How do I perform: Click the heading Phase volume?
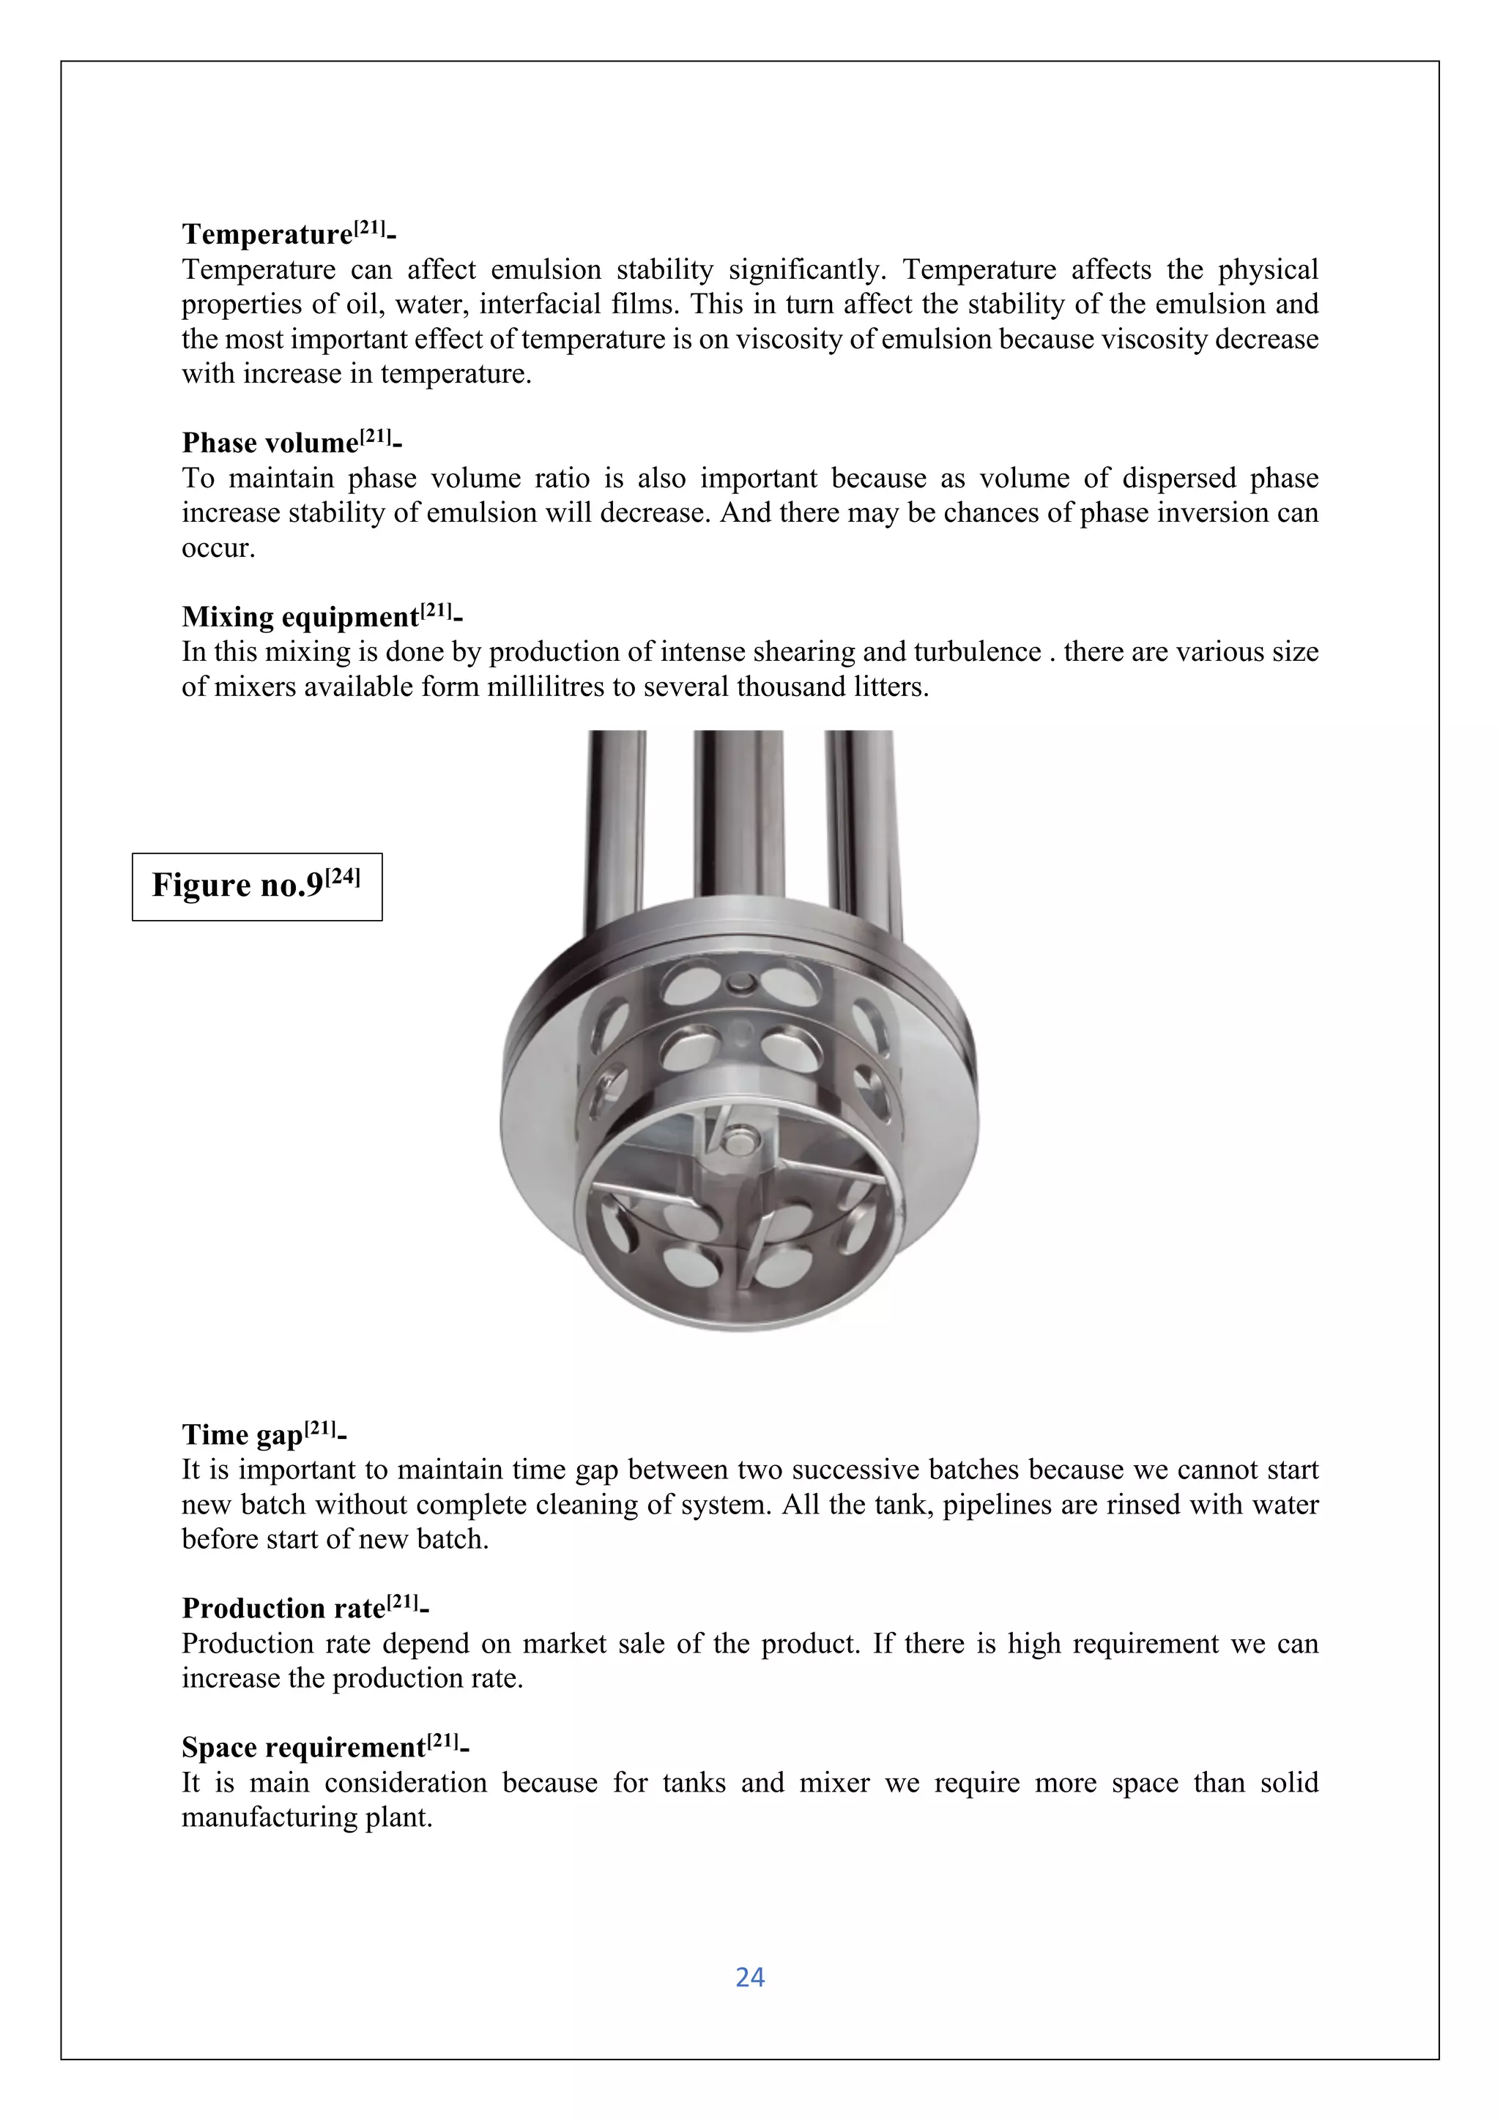click(269, 443)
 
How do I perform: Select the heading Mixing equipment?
click(300, 616)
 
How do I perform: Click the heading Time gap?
click(242, 1434)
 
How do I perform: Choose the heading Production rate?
click(283, 1608)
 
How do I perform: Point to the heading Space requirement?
click(303, 1747)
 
